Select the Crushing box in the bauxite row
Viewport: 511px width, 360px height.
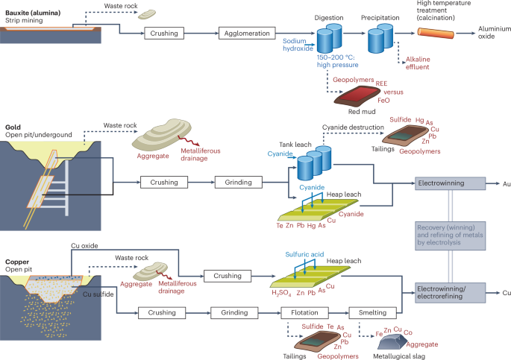[x=163, y=33]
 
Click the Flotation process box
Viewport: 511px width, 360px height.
[x=308, y=312]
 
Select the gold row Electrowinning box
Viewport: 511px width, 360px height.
[x=445, y=182]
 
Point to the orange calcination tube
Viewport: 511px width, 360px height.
[x=440, y=34]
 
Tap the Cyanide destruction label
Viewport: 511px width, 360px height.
[x=352, y=127]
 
